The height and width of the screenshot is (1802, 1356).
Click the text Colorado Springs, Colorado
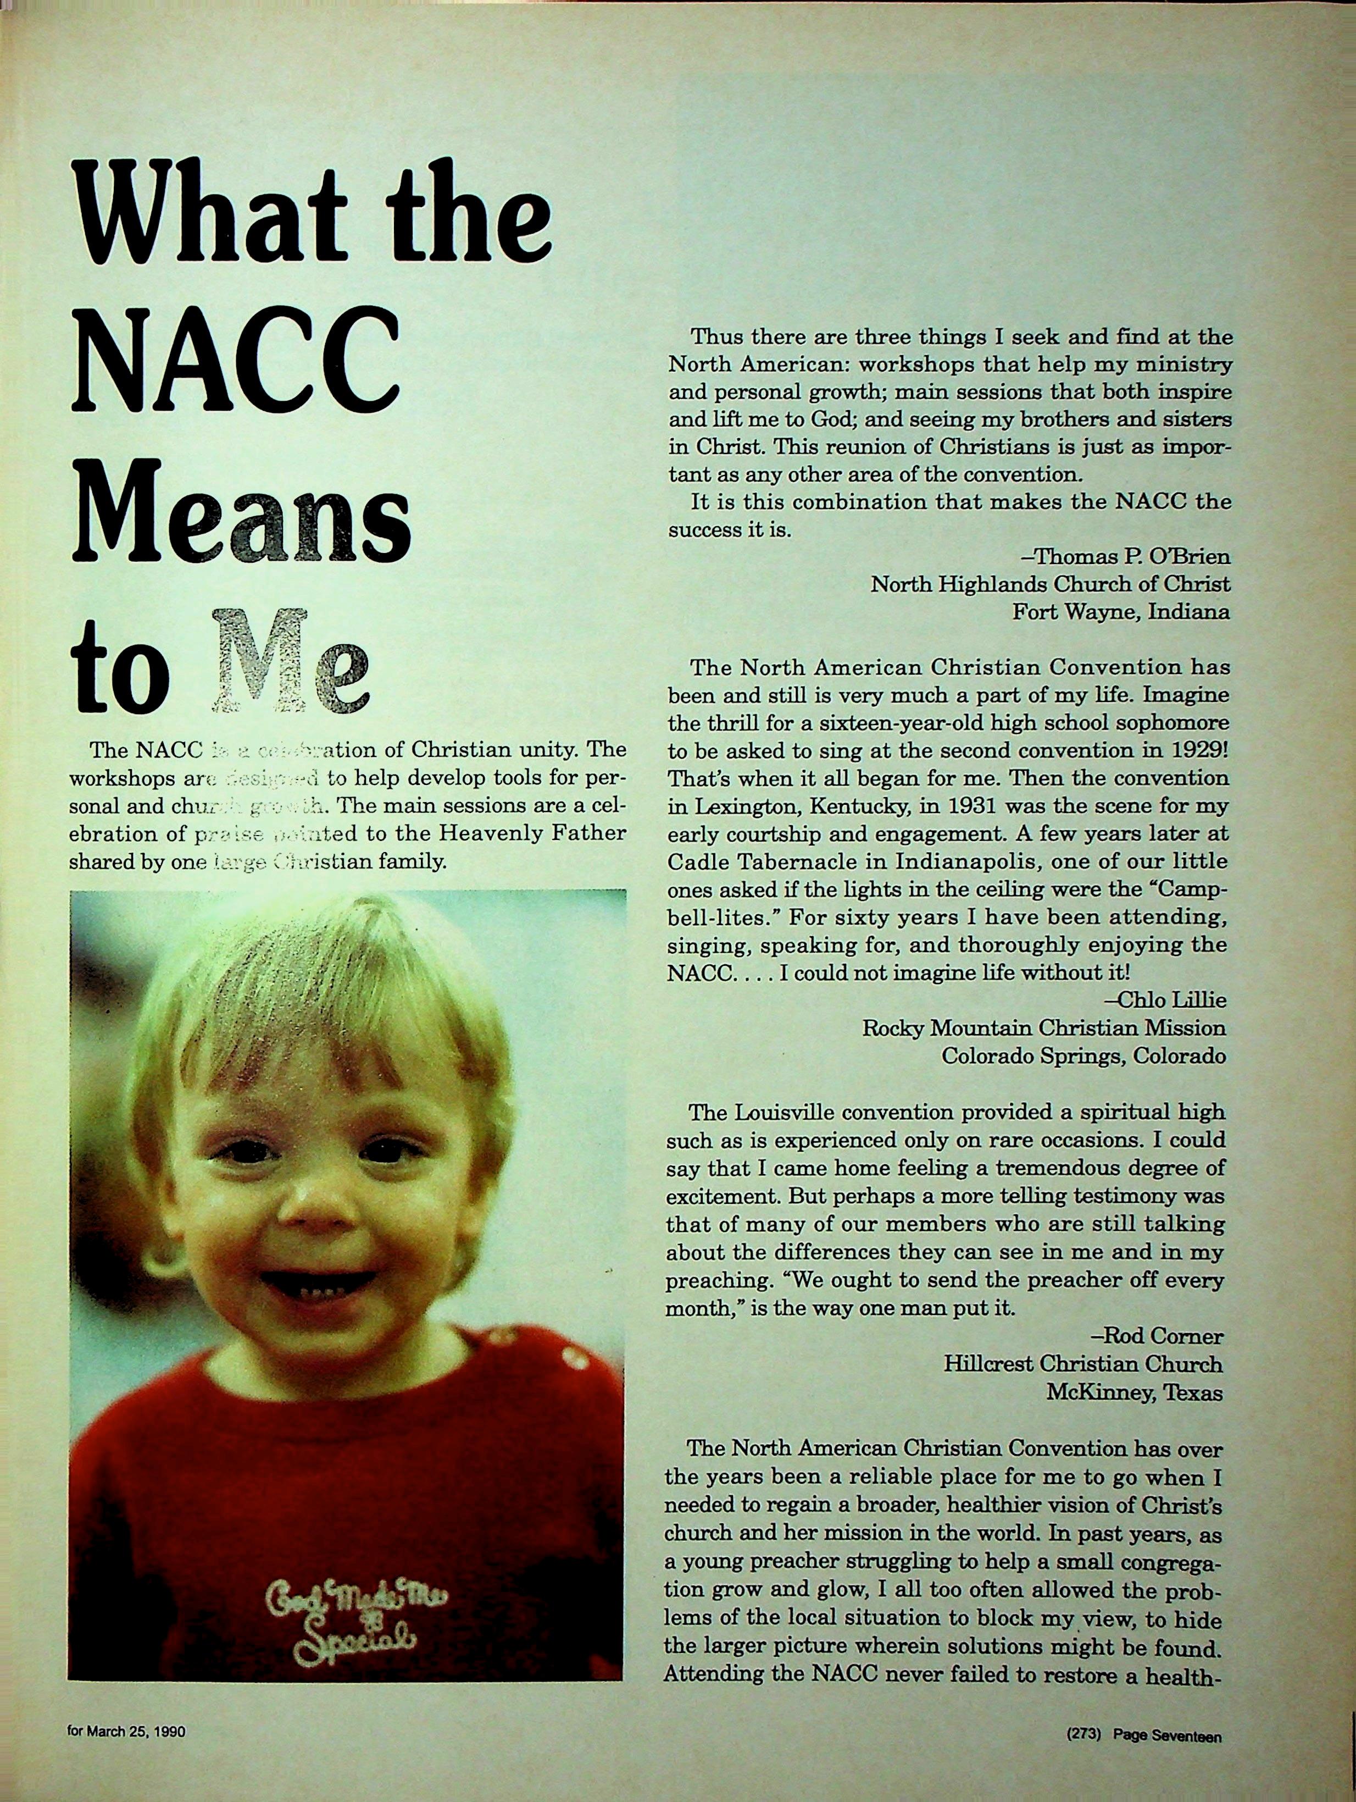coord(1082,1055)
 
